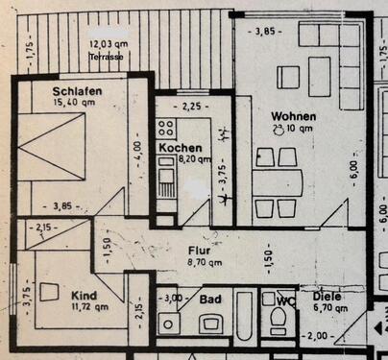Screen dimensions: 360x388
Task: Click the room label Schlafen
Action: (78, 92)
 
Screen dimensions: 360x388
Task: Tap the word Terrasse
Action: (107, 57)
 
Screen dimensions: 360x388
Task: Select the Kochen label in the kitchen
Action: (180, 149)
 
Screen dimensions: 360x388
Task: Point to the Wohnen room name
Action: (293, 116)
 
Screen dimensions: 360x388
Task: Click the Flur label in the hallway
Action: (202, 248)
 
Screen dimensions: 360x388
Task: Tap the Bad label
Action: (211, 300)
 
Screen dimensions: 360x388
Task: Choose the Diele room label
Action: (327, 297)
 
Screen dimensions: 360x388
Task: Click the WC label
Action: (284, 300)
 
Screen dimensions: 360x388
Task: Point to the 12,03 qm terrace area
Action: (108, 45)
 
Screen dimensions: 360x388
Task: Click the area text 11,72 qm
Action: (88, 307)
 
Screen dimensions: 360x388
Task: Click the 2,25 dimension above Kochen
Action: (191, 107)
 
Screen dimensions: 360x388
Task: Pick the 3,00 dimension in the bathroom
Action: (175, 300)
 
